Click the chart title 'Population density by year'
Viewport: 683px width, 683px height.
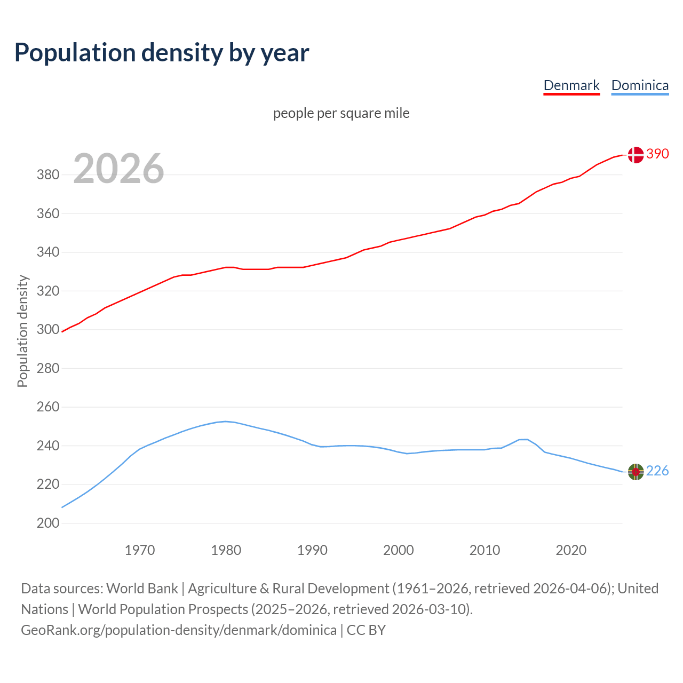pyautogui.click(x=162, y=53)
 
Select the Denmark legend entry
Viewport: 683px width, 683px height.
pyautogui.click(x=571, y=85)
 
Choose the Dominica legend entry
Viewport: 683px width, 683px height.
pyautogui.click(x=640, y=85)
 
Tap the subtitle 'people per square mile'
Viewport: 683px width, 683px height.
pyautogui.click(x=341, y=114)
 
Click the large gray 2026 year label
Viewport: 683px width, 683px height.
pyautogui.click(x=118, y=169)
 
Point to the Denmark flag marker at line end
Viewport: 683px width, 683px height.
pyautogui.click(x=635, y=155)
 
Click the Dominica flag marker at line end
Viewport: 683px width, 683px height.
pyautogui.click(x=636, y=472)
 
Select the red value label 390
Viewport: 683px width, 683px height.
pyautogui.click(x=657, y=154)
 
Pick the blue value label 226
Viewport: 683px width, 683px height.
pyautogui.click(x=657, y=471)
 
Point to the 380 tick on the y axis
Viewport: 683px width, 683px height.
pyautogui.click(x=47, y=175)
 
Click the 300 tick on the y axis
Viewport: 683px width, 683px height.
pyautogui.click(x=47, y=330)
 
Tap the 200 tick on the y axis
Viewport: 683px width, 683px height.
pyautogui.click(x=47, y=523)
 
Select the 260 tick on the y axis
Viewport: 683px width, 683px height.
pyautogui.click(x=47, y=407)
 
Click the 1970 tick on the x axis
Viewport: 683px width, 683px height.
pyautogui.click(x=140, y=550)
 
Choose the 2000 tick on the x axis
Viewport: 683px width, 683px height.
pyautogui.click(x=399, y=550)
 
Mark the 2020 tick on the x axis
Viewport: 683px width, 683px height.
pyautogui.click(x=571, y=550)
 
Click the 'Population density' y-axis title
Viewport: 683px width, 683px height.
pyautogui.click(x=22, y=331)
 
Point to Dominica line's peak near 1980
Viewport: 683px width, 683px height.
pyautogui.click(x=225, y=422)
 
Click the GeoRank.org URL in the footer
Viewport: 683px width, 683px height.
pyautogui.click(x=179, y=630)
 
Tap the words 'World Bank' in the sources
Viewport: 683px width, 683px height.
pyautogui.click(x=142, y=589)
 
